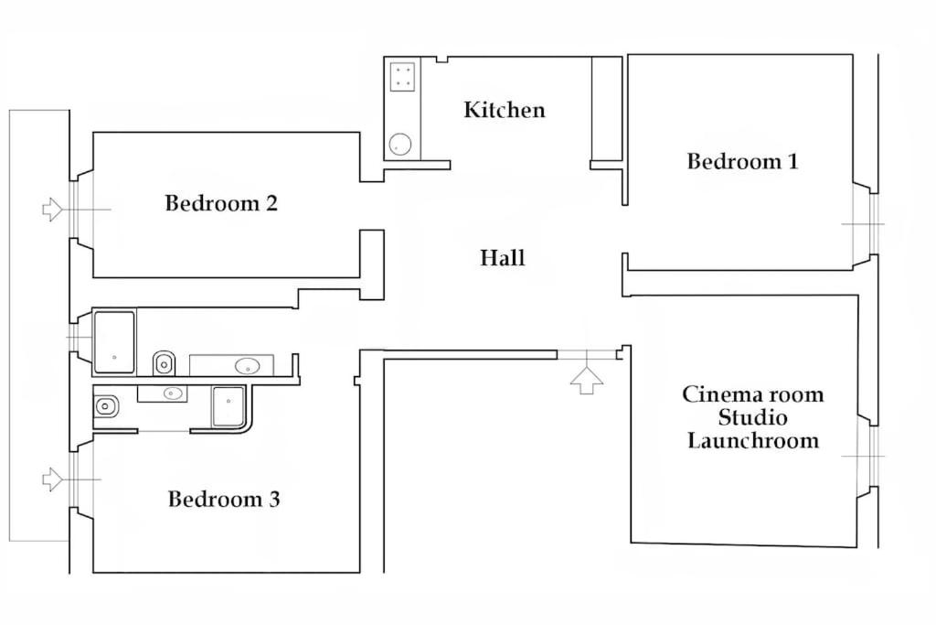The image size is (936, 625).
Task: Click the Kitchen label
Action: tap(505, 110)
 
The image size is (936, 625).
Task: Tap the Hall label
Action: tap(503, 258)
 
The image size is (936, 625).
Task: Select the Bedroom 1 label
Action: tap(742, 161)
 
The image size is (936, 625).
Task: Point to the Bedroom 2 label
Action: tap(221, 203)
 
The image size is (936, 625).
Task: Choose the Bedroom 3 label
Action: tap(224, 499)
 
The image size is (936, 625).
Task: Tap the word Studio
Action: tap(753, 417)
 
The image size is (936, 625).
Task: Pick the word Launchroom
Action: tap(753, 440)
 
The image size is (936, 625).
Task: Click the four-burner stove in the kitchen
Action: tap(402, 77)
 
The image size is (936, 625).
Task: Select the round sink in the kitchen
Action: tap(400, 144)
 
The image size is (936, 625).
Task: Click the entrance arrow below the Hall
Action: tap(587, 381)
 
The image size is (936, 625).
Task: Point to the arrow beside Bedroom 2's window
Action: tap(52, 210)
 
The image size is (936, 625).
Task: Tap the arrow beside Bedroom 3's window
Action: tap(52, 480)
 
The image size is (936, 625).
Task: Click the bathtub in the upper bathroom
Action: tap(114, 342)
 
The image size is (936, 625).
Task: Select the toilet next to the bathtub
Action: tap(164, 362)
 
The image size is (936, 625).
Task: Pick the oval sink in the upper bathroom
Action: tap(247, 366)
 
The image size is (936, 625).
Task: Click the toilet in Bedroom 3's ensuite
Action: tap(106, 407)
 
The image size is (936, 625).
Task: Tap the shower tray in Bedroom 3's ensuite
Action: tap(229, 406)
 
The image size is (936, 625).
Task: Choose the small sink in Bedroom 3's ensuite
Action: tap(173, 393)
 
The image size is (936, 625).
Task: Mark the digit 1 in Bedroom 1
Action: tap(792, 161)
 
